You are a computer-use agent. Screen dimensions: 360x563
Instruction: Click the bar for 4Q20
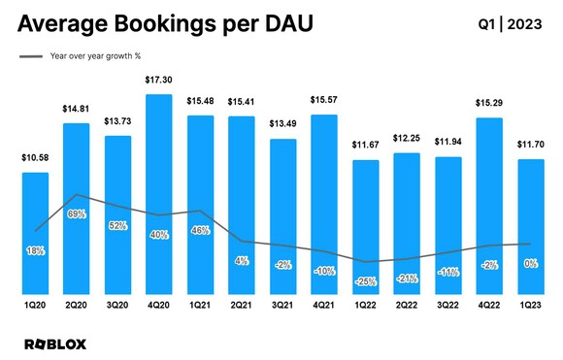tap(159, 194)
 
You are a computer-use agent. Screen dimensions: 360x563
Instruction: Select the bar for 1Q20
tap(35, 233)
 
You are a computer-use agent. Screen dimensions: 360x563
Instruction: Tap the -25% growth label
tap(367, 281)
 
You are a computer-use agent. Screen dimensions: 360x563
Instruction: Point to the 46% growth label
tap(201, 231)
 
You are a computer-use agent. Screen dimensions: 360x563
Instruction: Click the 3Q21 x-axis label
tap(283, 306)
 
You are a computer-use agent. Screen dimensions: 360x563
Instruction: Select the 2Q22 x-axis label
tap(408, 306)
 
